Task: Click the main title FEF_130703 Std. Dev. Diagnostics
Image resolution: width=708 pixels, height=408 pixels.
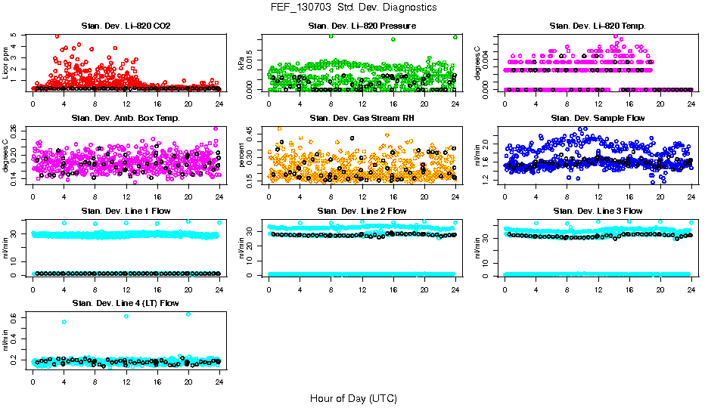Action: (353, 8)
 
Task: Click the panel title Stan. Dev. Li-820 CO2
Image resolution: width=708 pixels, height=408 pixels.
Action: (126, 26)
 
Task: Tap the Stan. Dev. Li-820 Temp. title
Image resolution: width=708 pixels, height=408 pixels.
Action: (598, 26)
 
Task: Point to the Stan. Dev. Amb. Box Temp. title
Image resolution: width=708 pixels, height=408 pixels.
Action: (126, 118)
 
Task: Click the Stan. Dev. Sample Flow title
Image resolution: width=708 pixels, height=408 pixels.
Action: (598, 118)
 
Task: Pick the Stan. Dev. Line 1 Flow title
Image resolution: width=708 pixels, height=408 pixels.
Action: (126, 211)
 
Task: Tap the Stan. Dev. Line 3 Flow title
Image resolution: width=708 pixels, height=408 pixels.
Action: (598, 211)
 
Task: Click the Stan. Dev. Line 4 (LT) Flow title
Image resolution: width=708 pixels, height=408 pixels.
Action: (126, 303)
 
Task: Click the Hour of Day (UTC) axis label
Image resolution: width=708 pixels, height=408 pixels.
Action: (353, 397)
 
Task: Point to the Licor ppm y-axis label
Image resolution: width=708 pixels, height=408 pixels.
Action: (6, 63)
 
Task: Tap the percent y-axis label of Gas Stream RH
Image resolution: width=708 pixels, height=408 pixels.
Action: (242, 155)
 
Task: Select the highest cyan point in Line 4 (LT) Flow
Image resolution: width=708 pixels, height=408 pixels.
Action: (188, 314)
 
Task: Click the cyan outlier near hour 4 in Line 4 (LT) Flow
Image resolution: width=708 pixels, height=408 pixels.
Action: (64, 322)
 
